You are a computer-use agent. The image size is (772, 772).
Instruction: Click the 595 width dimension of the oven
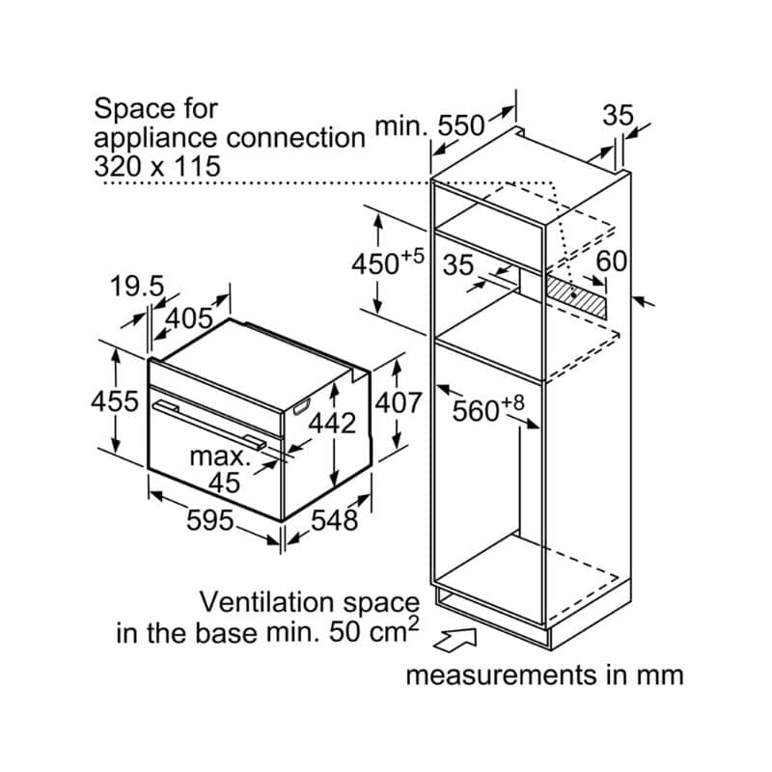[x=210, y=521]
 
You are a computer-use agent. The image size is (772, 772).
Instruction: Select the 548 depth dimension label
[x=335, y=521]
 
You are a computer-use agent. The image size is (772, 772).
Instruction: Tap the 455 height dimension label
[x=117, y=400]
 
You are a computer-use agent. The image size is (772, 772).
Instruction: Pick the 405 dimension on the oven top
[x=189, y=317]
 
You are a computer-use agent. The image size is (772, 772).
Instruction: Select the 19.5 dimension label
[x=137, y=287]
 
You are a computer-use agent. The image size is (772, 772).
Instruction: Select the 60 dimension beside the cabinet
[x=612, y=262]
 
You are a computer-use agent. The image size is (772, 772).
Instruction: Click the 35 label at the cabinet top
[x=619, y=116]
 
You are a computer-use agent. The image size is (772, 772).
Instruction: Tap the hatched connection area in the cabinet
[x=577, y=293]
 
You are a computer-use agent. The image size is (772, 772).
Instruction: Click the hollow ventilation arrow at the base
[x=459, y=638]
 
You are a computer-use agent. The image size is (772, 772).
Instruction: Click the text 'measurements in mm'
[x=544, y=674]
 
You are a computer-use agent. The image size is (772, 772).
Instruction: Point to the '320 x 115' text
[x=157, y=165]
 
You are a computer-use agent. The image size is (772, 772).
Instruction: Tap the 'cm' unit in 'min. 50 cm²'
[x=391, y=634]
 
